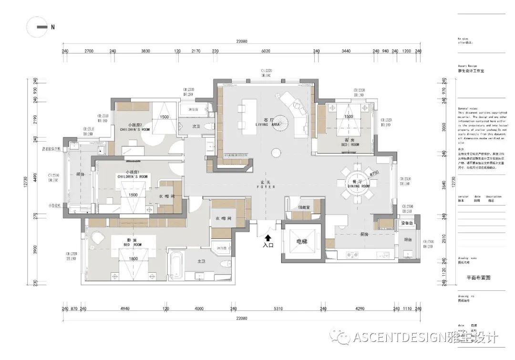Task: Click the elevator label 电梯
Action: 302,242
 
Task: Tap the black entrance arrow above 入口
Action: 268,237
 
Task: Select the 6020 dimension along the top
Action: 266,51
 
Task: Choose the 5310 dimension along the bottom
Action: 278,309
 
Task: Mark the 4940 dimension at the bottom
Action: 124,309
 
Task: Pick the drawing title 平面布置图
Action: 478,277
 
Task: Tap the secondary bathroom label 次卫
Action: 196,127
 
